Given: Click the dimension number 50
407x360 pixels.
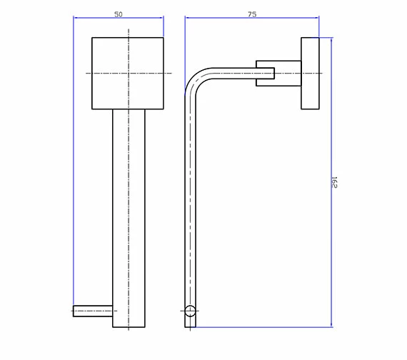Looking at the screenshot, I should pyautogui.click(x=119, y=14).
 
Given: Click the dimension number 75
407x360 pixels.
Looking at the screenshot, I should pyautogui.click(x=252, y=14).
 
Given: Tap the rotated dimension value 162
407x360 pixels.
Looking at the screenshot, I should pyautogui.click(x=333, y=182).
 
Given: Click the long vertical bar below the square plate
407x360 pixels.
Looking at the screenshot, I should pyautogui.click(x=129, y=214).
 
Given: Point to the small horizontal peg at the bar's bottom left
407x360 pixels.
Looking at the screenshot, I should pyautogui.click(x=93, y=311).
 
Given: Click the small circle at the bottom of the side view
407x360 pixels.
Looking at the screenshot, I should pyautogui.click(x=190, y=311).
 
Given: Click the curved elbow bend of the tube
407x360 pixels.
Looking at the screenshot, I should pyautogui.click(x=196, y=78).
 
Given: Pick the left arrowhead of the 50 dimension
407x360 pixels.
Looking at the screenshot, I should pyautogui.click(x=76, y=19).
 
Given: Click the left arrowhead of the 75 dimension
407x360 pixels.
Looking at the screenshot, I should pyautogui.click(x=188, y=19).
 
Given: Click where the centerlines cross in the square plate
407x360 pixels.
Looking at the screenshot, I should pyautogui.click(x=129, y=73).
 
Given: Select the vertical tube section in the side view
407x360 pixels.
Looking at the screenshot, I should pyautogui.click(x=190, y=207).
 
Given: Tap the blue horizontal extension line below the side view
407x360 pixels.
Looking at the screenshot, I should pyautogui.click(x=264, y=328).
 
